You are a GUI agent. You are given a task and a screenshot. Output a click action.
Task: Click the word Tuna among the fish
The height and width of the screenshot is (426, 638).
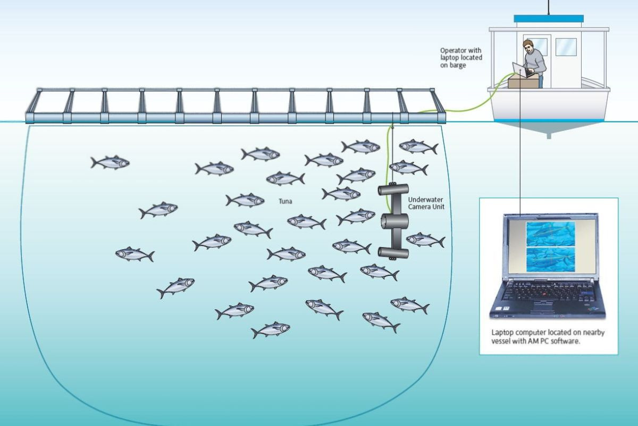click(286, 202)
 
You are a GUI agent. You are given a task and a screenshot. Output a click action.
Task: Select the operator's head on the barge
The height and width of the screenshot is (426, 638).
click(527, 47)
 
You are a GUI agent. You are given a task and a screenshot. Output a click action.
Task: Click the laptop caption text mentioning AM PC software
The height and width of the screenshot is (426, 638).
click(547, 337)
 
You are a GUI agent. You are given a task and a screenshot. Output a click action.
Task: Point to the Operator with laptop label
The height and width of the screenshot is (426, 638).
click(461, 58)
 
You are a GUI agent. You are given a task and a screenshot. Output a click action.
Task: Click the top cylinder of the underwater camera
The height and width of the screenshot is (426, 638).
click(393, 189)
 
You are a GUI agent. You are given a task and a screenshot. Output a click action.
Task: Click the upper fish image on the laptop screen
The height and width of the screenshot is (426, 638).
click(550, 234)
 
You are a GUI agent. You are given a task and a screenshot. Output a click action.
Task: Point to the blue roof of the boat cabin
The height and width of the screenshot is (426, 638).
click(549, 19)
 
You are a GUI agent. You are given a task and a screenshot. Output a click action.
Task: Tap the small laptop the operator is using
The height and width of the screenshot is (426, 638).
click(518, 69)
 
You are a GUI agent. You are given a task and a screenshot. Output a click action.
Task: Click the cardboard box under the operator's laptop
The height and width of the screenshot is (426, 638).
click(522, 81)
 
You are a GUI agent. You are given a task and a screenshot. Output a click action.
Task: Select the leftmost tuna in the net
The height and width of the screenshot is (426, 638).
click(110, 162)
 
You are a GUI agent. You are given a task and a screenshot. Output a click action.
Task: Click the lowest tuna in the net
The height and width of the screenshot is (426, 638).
click(271, 330)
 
